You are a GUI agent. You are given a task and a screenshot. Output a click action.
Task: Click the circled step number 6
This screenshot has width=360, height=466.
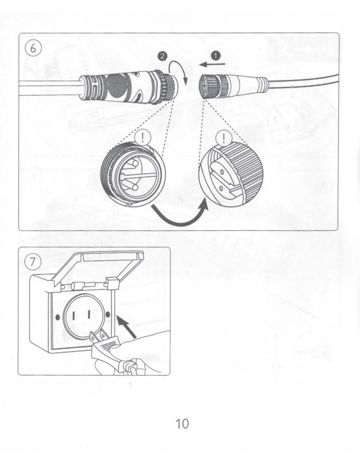coord(33,49)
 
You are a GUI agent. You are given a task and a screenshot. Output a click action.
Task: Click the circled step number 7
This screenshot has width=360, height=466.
coord(32,262)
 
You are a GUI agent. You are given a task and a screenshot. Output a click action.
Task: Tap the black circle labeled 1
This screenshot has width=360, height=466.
coord(216,56)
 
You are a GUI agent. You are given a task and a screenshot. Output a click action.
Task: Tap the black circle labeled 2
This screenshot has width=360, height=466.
coord(162,56)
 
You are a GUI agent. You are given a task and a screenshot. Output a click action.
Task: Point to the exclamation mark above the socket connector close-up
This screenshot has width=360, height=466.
coord(224,139)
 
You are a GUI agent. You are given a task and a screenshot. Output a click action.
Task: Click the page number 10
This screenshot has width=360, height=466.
coord(182,423)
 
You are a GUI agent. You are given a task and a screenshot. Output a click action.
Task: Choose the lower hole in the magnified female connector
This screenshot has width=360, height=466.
coord(221,189)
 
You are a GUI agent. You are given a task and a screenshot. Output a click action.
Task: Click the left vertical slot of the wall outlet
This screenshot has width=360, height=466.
coord(73,315)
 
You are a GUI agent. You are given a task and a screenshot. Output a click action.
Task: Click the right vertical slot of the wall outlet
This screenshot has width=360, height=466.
coord(89,314)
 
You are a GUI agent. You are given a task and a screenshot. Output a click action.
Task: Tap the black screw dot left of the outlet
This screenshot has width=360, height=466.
coord(58,317)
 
